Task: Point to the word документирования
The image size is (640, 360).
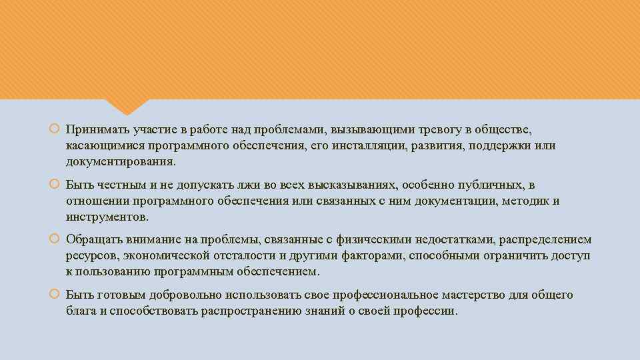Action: point(121,162)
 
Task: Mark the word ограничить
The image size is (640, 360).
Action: point(507,256)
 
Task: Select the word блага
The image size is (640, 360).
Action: point(81,311)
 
